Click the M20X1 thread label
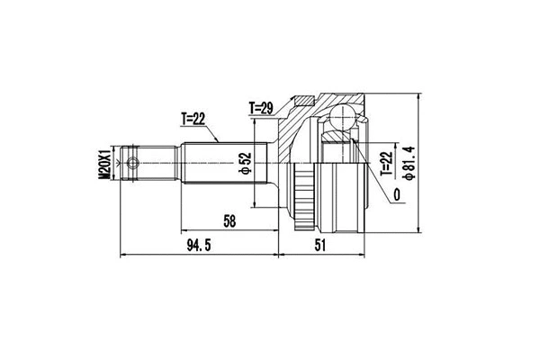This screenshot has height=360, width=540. click(104, 166)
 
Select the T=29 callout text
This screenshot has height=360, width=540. click(262, 109)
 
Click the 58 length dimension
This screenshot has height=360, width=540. click(231, 220)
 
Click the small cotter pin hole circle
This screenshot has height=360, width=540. click(134, 164)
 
